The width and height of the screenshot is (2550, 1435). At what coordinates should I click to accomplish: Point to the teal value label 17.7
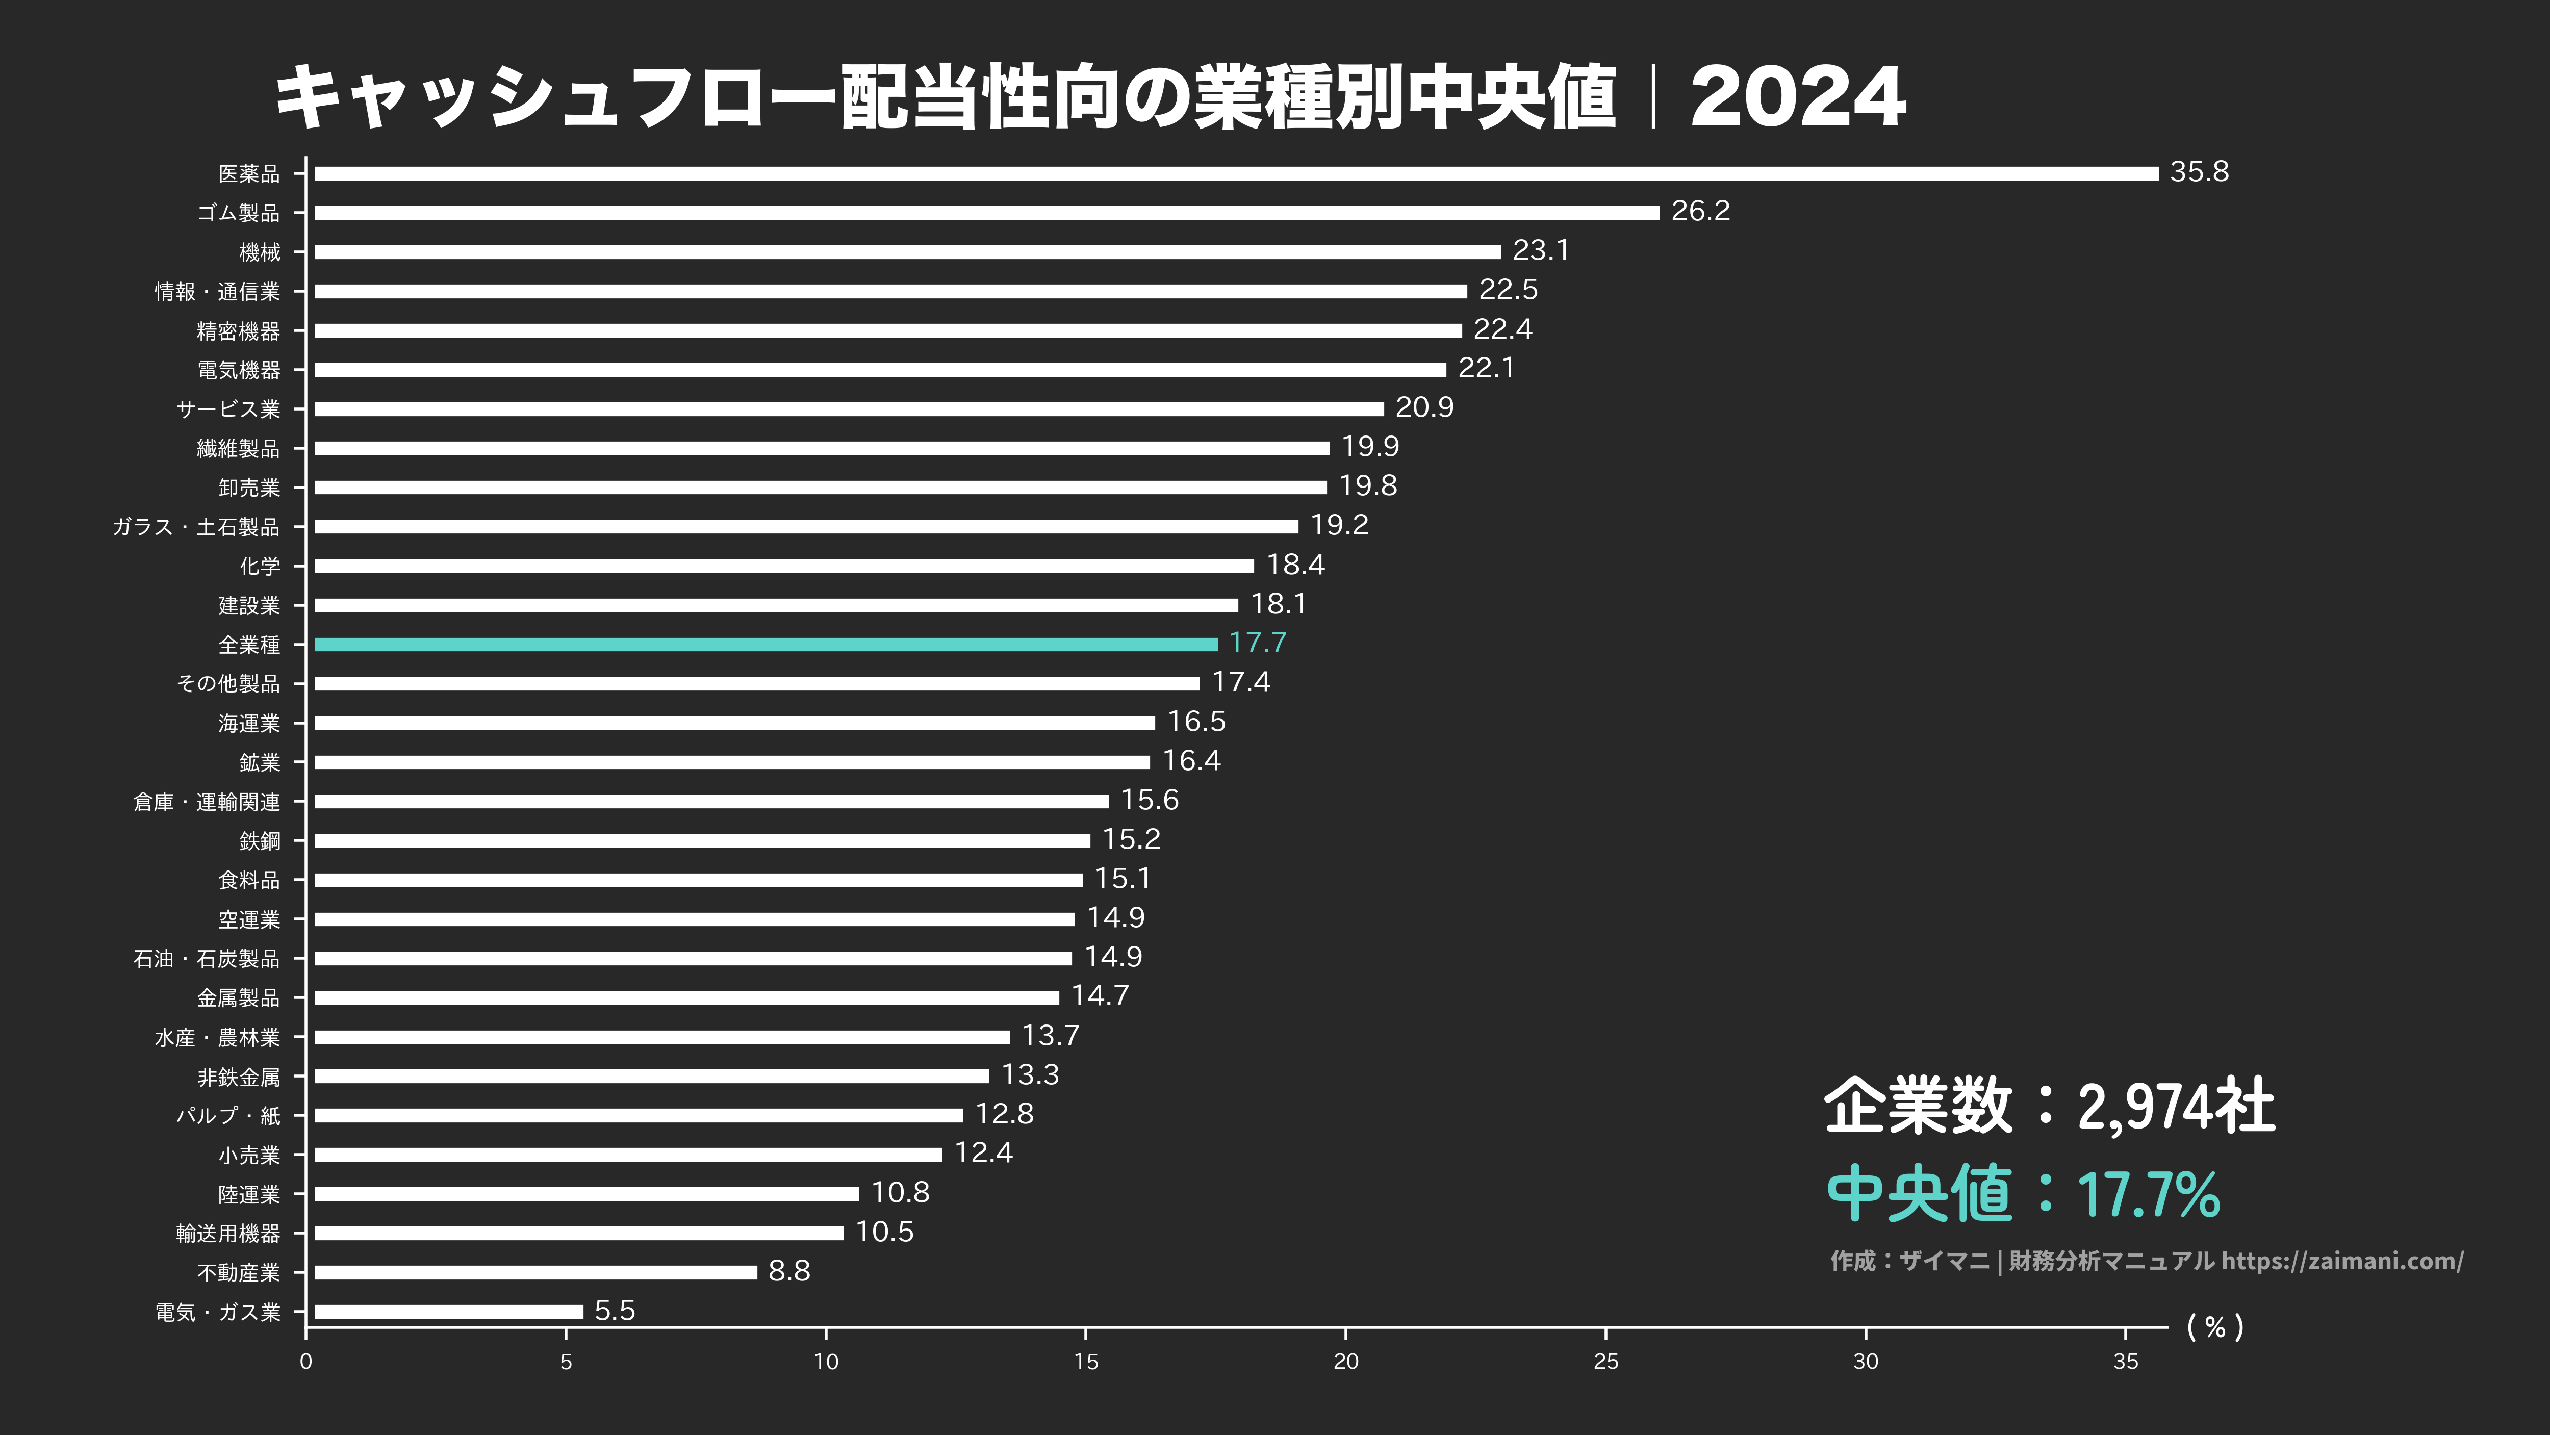1257,643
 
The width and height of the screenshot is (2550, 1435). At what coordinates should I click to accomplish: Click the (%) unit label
2214,1327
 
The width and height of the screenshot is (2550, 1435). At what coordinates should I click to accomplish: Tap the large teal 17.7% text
2148,1194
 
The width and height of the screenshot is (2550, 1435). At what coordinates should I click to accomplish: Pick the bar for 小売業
628,1154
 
